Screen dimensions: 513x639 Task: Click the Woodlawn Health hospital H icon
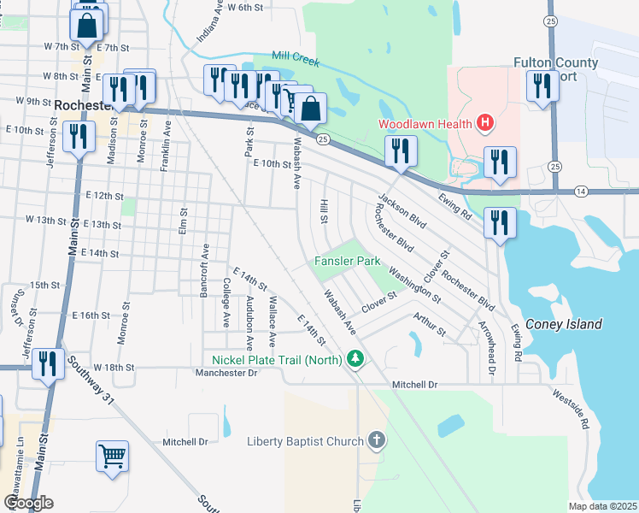(x=485, y=124)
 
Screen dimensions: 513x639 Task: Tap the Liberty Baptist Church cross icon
(x=376, y=441)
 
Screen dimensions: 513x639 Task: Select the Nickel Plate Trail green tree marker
(x=358, y=360)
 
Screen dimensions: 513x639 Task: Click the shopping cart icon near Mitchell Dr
(x=113, y=457)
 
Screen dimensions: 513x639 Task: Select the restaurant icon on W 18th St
(x=48, y=364)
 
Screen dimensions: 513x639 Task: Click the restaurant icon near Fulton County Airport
(x=542, y=87)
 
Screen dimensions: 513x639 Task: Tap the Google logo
(x=29, y=503)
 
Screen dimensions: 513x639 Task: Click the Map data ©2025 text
(x=602, y=506)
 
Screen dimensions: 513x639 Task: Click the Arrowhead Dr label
(x=490, y=350)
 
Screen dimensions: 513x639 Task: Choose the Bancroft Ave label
(x=205, y=269)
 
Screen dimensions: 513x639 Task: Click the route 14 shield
(x=580, y=190)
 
